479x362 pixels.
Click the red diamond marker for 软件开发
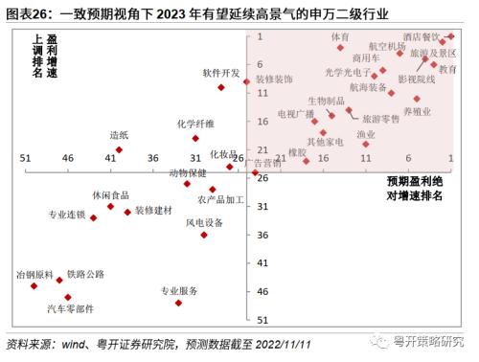tap(221, 87)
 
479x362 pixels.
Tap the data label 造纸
tap(119, 135)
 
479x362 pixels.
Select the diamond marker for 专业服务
tap(179, 303)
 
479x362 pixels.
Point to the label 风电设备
tap(204, 222)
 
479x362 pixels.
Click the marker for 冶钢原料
tap(34, 285)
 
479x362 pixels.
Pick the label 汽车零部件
tap(72, 308)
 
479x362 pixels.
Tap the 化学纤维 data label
tap(195, 124)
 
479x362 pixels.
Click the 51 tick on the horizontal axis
tap(25, 157)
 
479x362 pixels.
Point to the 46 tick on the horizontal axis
tap(68, 157)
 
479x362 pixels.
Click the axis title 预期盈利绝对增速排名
tap(415, 188)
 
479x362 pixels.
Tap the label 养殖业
tap(417, 112)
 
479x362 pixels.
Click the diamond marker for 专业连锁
tap(93, 218)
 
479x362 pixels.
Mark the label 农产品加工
tap(221, 200)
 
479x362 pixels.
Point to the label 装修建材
tap(153, 210)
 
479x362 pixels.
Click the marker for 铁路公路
tap(59, 280)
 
